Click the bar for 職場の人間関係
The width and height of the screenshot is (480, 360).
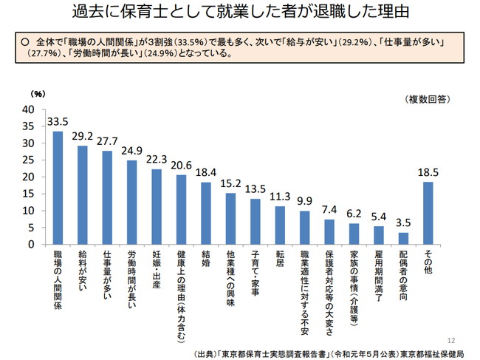(x=58, y=188)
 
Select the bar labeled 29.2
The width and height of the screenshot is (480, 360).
(x=82, y=195)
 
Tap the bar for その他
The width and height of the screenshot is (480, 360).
(x=428, y=213)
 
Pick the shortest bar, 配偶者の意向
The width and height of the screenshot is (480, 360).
(x=403, y=238)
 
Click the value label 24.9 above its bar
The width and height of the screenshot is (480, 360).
(x=131, y=152)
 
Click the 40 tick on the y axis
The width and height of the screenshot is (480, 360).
(x=30, y=109)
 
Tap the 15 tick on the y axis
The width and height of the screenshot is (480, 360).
(x=30, y=194)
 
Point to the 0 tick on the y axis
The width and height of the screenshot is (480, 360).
(x=32, y=244)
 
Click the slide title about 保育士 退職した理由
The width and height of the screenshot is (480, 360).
(x=241, y=14)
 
